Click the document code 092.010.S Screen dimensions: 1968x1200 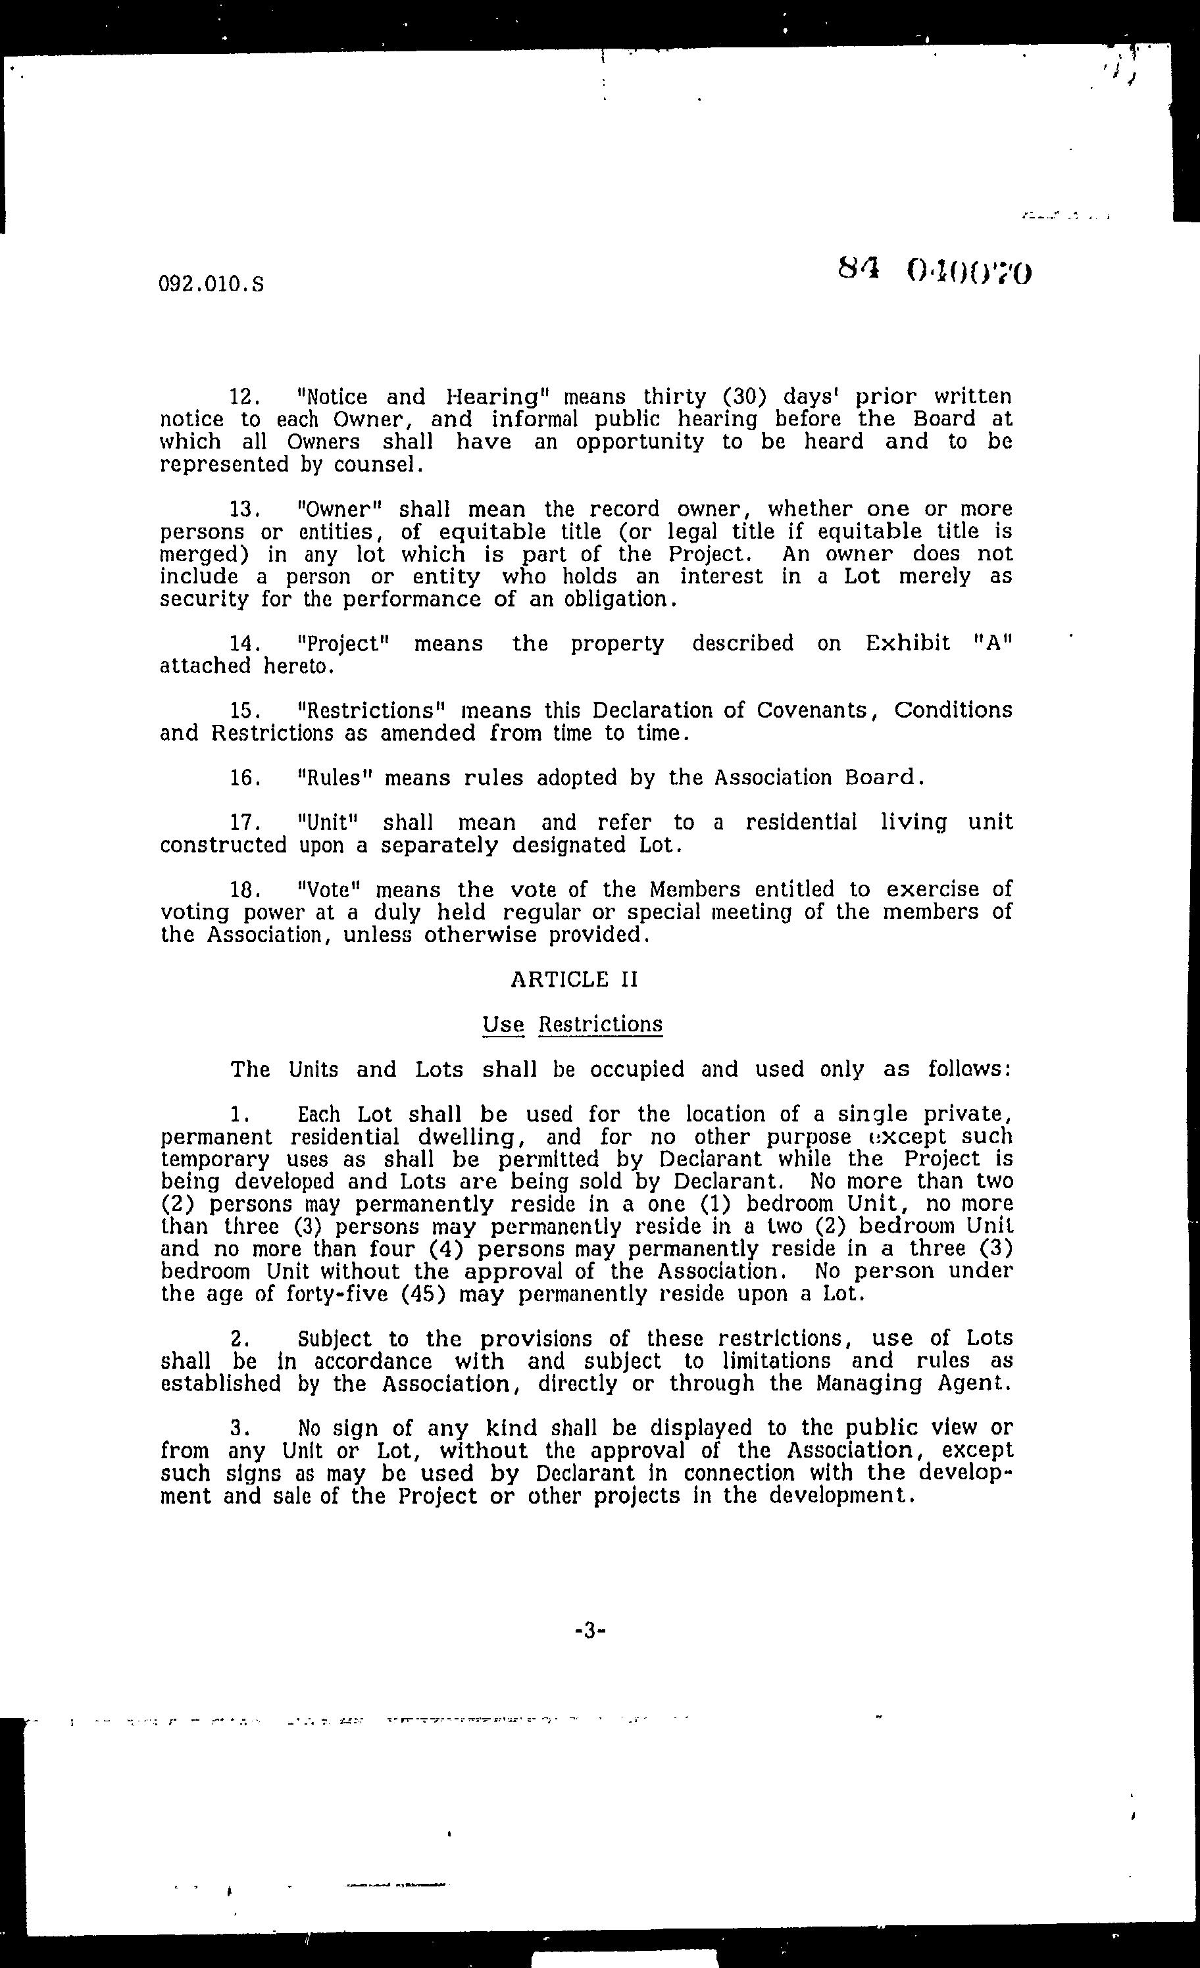point(212,284)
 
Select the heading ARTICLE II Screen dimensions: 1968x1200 point(574,979)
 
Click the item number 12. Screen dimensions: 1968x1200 point(245,397)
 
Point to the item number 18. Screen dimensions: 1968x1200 point(245,889)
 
